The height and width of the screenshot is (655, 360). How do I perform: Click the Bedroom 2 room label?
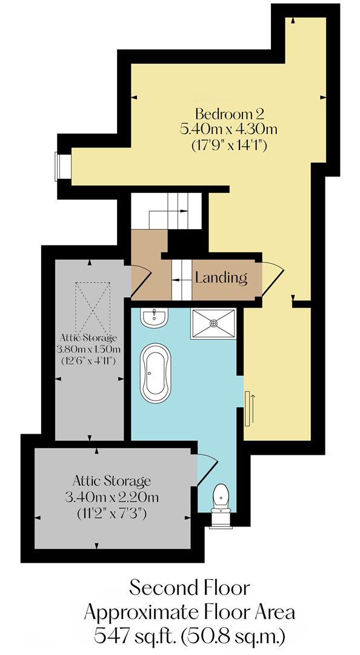[230, 113]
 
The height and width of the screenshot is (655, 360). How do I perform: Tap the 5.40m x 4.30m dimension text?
[230, 129]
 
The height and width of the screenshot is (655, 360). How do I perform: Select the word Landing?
[221, 278]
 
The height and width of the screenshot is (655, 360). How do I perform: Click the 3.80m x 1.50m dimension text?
[89, 349]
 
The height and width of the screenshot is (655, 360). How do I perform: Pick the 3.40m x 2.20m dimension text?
[111, 498]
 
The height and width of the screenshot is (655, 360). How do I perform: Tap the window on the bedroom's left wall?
[59, 166]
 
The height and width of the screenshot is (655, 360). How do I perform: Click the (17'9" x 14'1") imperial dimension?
[230, 146]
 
